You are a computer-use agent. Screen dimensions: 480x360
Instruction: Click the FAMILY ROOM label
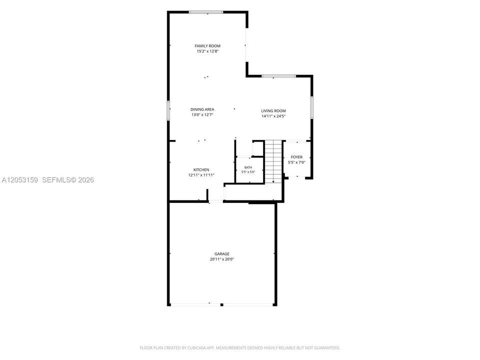click(207, 46)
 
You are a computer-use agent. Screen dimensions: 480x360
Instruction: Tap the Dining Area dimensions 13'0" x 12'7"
click(202, 115)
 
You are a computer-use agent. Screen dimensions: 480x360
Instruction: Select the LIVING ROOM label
click(273, 111)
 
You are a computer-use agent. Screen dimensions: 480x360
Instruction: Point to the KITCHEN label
click(201, 170)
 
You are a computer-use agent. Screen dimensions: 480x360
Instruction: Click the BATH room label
click(248, 167)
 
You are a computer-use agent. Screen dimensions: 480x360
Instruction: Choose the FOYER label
click(296, 157)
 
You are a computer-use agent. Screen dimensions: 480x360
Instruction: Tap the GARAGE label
click(222, 254)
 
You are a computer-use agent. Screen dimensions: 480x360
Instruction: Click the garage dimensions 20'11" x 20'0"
click(222, 259)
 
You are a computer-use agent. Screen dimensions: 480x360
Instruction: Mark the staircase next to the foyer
click(273, 161)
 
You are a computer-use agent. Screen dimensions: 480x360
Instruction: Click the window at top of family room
click(206, 12)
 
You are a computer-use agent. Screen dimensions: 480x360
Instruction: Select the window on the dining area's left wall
click(168, 110)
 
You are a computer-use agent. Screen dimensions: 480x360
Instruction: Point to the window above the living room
click(278, 76)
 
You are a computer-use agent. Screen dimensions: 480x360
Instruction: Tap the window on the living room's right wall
click(311, 107)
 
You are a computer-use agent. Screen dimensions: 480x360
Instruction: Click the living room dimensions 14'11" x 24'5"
click(273, 116)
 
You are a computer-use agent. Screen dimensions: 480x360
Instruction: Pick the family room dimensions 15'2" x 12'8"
click(207, 51)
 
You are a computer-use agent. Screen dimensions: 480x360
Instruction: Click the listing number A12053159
click(20, 180)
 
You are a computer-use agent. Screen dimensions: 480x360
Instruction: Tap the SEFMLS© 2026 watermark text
click(68, 180)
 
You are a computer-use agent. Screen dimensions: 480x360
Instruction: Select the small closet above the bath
click(258, 149)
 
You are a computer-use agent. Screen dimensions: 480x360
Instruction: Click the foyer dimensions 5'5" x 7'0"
click(296, 162)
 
